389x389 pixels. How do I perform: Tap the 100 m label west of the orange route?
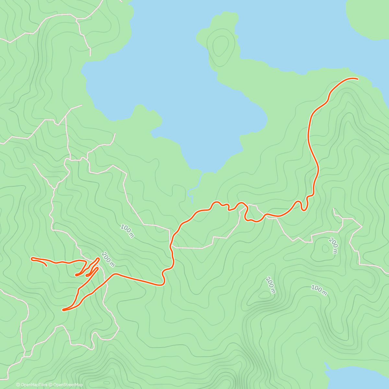coord(127,231)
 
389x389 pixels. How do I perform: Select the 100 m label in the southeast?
coord(319,290)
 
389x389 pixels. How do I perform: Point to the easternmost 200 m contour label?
coord(333,245)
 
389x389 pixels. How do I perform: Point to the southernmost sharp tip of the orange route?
coord(64,310)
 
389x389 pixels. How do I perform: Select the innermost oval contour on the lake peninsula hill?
coord(221,45)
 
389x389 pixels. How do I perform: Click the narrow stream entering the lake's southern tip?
coord(191,191)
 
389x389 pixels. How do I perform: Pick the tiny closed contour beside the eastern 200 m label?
coord(324,249)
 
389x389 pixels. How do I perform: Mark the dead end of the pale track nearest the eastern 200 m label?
coord(334,209)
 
